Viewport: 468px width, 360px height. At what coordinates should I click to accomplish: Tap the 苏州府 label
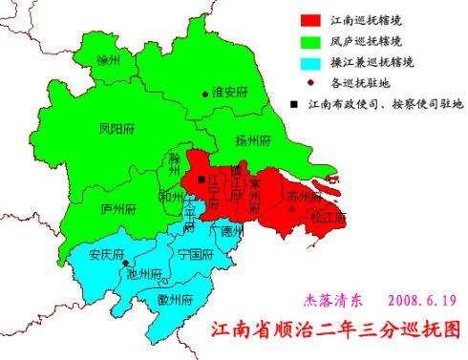pos(303,195)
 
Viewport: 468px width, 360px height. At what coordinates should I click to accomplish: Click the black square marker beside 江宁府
pos(201,180)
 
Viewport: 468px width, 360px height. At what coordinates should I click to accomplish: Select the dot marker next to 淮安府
pos(205,94)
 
